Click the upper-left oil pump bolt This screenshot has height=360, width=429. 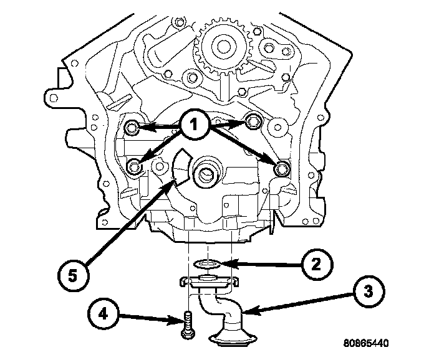tap(132, 128)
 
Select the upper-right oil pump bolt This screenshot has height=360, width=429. tap(252, 121)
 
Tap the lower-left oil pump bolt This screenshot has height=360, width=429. tap(134, 166)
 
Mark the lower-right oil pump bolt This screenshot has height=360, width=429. tap(282, 168)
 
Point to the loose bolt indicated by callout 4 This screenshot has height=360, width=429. tap(185, 327)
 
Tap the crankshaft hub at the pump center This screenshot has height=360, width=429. tap(205, 173)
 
